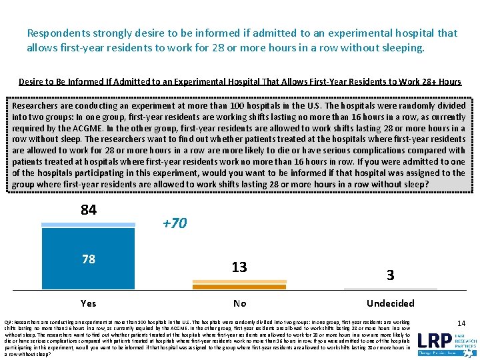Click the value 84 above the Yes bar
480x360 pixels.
(89, 210)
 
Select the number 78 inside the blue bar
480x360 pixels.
(89, 259)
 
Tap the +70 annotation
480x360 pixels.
(175, 224)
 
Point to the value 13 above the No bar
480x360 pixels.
(239, 267)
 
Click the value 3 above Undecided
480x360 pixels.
(391, 275)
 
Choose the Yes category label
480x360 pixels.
(89, 303)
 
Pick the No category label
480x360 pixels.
(239, 303)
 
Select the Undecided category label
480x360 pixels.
(391, 303)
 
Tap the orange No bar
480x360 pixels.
(239, 287)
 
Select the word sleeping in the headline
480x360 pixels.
(402, 48)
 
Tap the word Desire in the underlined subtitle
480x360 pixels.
(34, 82)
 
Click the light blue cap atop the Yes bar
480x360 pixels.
(89, 225)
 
